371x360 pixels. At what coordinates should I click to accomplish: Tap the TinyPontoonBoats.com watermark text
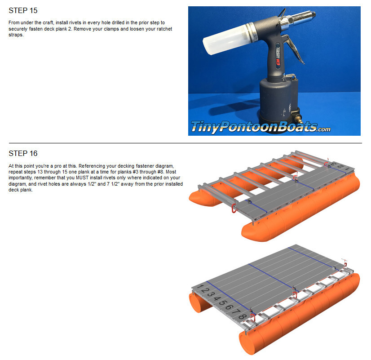point(261,127)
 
